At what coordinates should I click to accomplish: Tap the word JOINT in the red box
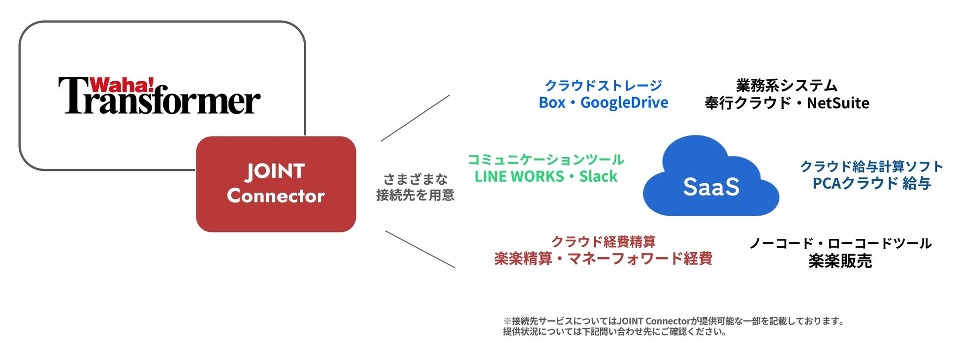275,171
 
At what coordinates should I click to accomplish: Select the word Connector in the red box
276,196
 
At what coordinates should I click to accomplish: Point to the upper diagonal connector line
415,118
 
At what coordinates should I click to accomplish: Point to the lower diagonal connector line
420,249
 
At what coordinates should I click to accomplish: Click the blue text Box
552,103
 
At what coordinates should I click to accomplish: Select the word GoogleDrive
624,103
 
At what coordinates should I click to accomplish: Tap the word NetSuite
838,103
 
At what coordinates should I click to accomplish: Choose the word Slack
598,176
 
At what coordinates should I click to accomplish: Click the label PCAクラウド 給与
871,183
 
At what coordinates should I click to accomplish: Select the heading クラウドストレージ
603,86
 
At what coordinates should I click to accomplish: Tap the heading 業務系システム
786,86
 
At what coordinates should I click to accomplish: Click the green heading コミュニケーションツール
545,160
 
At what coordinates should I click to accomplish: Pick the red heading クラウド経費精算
603,242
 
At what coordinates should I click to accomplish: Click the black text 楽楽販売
840,261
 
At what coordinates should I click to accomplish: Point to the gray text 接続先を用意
415,196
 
